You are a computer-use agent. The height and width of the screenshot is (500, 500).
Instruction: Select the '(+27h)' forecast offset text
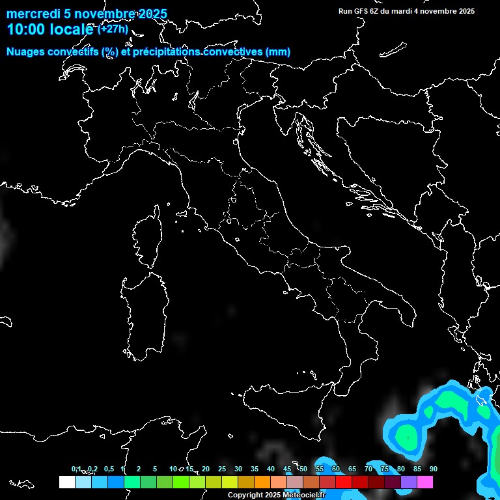coord(113,29)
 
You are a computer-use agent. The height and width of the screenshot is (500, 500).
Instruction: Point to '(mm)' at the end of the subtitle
coord(277,52)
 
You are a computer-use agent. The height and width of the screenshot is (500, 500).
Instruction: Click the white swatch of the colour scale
coord(66,482)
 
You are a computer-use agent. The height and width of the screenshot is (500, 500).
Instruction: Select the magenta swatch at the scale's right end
coord(425,482)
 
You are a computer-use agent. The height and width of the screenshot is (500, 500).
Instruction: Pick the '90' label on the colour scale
coord(434,469)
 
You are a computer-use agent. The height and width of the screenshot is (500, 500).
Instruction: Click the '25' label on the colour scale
coord(222,469)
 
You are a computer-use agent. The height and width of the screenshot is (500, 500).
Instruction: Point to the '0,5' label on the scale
coord(109,469)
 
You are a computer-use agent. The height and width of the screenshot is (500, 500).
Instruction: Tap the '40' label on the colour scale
coord(271,469)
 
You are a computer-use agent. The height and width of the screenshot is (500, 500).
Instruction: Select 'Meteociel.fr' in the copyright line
coord(303,495)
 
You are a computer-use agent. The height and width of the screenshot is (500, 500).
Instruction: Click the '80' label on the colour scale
coord(401,469)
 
